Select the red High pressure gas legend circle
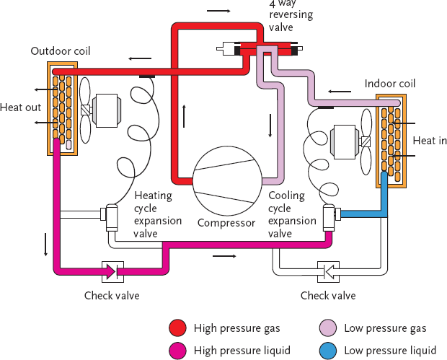[178, 328]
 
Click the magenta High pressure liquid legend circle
[178, 350]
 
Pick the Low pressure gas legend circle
[327, 328]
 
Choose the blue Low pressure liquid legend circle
[327, 350]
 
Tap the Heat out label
[21, 107]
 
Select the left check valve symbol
[112, 271]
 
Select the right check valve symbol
[327, 271]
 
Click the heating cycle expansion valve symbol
[112, 214]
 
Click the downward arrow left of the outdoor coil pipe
[45, 245]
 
